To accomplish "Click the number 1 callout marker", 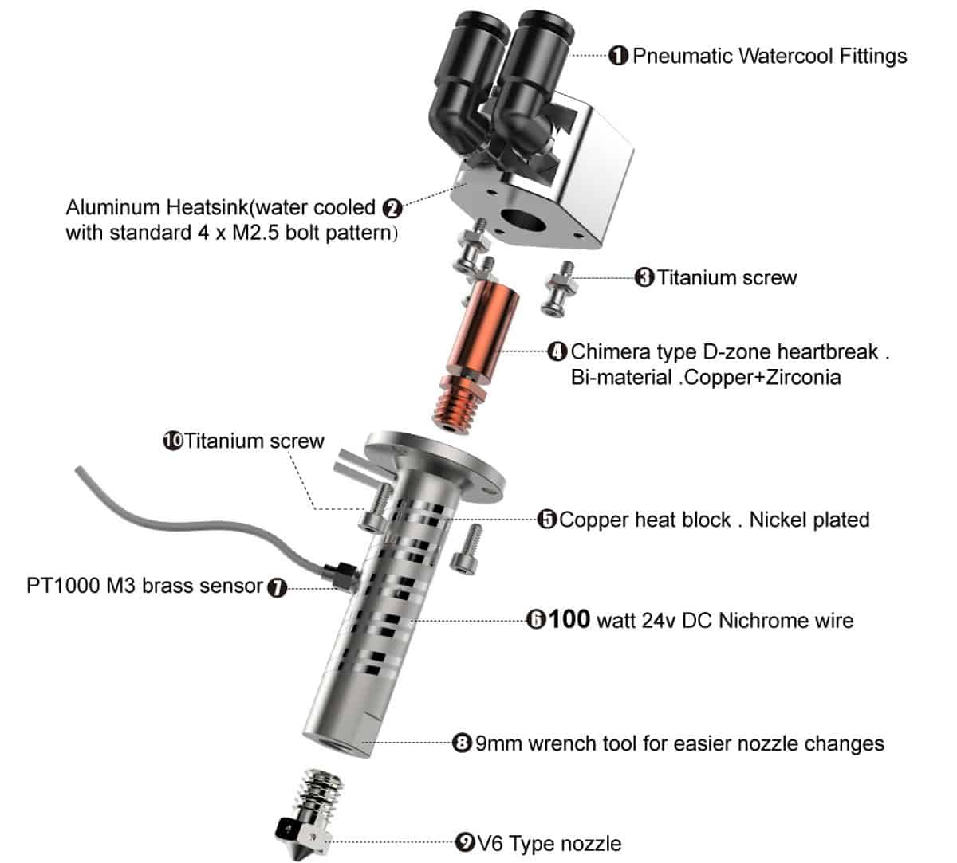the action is pos(618,56).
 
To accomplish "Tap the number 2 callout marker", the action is pos(392,208).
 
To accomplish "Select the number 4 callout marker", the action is pos(557,351).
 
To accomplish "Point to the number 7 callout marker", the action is pos(277,588).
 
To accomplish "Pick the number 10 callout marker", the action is pos(173,441).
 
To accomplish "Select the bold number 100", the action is pos(569,619).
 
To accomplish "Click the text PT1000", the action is pos(62,586).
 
